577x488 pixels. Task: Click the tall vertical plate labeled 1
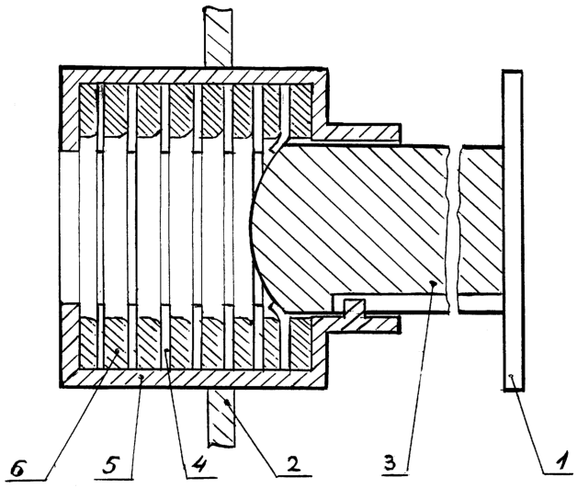(x=513, y=230)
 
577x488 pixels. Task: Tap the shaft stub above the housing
(x=219, y=36)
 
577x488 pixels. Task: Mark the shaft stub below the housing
(x=221, y=419)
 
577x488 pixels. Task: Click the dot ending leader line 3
(x=433, y=283)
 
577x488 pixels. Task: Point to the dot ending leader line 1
(x=511, y=376)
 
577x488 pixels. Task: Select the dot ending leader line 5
(x=141, y=377)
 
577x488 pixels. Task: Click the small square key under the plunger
(x=354, y=306)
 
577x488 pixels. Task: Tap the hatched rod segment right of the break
(x=481, y=221)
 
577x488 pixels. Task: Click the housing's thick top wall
(x=193, y=75)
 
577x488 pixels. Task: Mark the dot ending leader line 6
(x=118, y=351)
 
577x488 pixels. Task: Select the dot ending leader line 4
(x=166, y=351)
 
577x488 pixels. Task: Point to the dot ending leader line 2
(x=228, y=401)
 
